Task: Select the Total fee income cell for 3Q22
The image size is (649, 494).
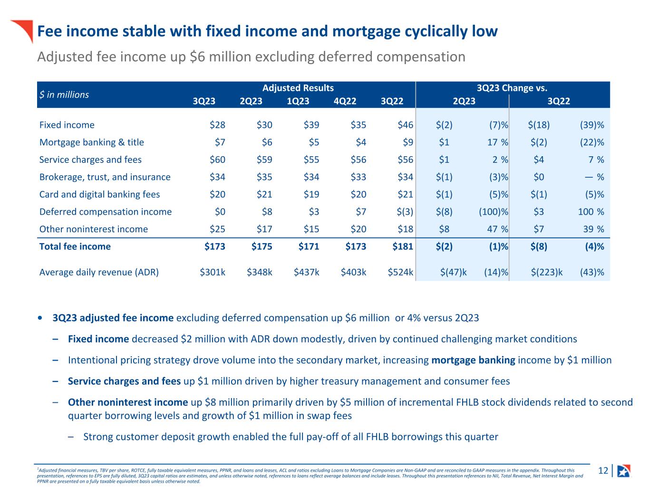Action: pyautogui.click(x=402, y=247)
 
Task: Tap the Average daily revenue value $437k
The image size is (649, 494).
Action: pyautogui.click(x=306, y=272)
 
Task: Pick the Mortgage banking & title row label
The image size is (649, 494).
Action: pyautogui.click(x=91, y=142)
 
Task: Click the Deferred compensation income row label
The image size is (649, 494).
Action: pyautogui.click(x=105, y=212)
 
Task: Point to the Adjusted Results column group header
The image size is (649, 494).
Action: pyautogui.click(x=298, y=88)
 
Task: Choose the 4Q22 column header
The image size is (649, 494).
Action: pyautogui.click(x=346, y=101)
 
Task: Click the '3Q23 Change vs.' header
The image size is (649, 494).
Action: pyautogui.click(x=512, y=88)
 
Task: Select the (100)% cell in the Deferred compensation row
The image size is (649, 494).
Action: pyautogui.click(x=494, y=212)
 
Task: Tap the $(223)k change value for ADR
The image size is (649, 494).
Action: pyautogui.click(x=547, y=272)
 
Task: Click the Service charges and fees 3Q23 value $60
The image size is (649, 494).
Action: pyautogui.click(x=218, y=160)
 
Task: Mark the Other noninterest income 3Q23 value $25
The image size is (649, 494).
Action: pyautogui.click(x=218, y=229)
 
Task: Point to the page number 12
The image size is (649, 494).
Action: pyautogui.click(x=603, y=471)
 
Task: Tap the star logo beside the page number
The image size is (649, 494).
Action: pyautogui.click(x=623, y=471)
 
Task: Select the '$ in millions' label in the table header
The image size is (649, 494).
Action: pyautogui.click(x=64, y=95)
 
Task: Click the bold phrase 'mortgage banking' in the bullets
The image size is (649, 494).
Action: pyautogui.click(x=473, y=360)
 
